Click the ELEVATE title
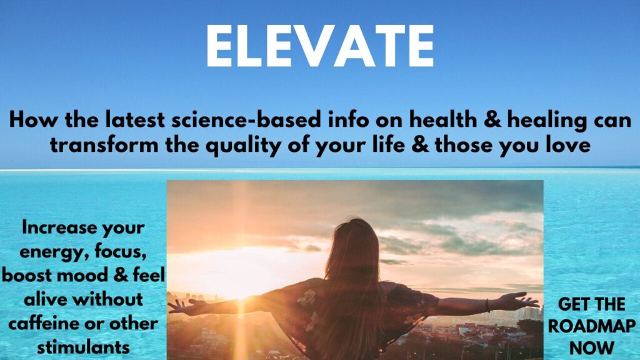pos(320,46)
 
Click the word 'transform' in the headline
pos(104,145)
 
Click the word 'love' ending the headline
pos(568,145)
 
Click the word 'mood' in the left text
pos(83,275)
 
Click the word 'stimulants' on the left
pos(83,347)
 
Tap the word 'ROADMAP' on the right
pos(591,326)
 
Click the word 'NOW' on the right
pos(591,348)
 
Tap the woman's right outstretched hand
pos(521,301)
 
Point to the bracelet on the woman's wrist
pos(487,305)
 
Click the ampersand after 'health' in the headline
pos(492,120)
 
